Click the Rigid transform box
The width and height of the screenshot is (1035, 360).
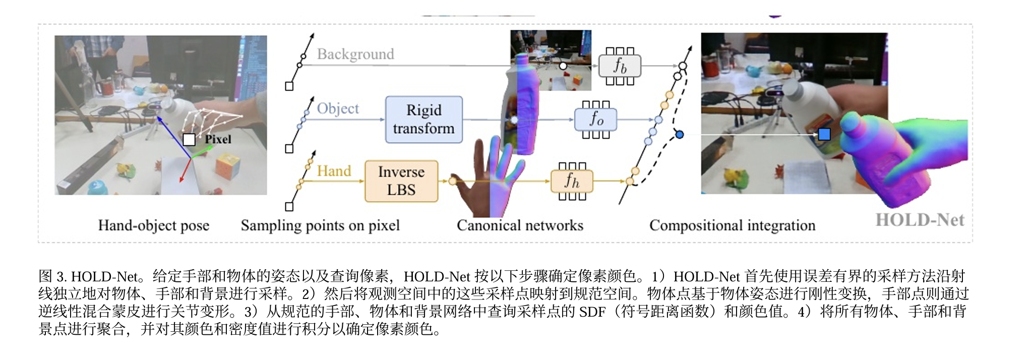tap(423, 119)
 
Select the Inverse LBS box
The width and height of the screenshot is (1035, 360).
tap(401, 181)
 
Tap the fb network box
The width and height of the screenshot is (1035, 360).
tap(620, 66)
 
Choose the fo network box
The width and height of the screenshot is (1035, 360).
tap(596, 119)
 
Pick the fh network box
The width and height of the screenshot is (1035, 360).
tap(572, 181)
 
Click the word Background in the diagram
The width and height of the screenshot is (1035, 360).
tap(355, 54)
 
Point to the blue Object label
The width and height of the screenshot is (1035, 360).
tap(338, 108)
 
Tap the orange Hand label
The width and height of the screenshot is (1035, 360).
tap(334, 171)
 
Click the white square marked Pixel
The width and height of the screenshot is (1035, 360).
tap(189, 140)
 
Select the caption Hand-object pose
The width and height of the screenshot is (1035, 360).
tap(154, 225)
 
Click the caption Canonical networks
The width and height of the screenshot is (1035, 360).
tap(520, 225)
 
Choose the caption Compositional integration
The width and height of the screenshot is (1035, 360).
tap(732, 225)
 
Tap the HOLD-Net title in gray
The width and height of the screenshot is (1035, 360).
tap(920, 220)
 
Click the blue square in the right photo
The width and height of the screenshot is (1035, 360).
tap(824, 134)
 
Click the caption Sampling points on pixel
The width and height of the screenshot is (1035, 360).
tap(320, 225)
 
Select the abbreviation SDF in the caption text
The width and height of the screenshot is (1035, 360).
tap(592, 312)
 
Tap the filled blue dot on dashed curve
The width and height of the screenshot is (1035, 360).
tap(680, 135)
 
